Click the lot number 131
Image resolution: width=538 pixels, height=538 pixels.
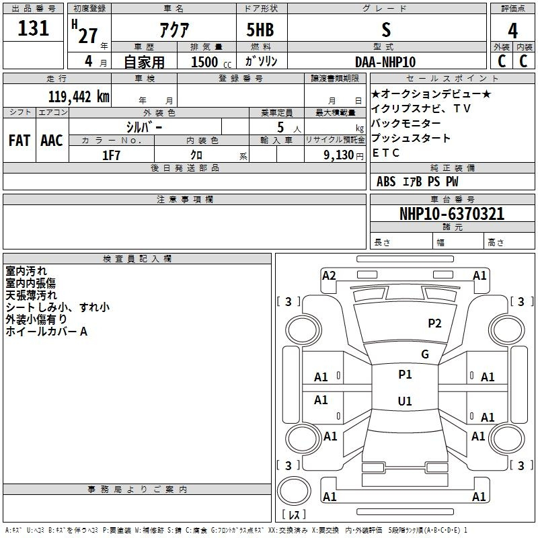[33, 28]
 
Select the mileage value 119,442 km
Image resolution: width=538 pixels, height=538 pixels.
[79, 97]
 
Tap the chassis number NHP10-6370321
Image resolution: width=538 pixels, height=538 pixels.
[452, 214]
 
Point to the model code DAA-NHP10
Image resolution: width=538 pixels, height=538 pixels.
[385, 62]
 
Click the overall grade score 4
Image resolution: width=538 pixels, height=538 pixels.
[512, 31]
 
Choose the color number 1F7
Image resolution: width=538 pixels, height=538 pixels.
[111, 155]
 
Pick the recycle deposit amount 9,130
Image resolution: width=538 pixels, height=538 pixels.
[338, 155]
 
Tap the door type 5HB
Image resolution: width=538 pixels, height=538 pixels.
[260, 30]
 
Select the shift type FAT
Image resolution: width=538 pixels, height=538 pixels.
[20, 141]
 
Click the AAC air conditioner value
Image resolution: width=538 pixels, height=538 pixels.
[52, 141]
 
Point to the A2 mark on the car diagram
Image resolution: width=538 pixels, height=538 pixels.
[329, 276]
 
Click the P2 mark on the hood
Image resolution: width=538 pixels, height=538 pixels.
[434, 323]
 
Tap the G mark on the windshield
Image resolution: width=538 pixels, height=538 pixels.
[425, 354]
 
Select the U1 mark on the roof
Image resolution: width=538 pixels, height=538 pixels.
[405, 401]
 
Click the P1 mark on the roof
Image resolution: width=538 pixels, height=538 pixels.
[405, 375]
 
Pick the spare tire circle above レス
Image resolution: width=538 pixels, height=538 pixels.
[294, 490]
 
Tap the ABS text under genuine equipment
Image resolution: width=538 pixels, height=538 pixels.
[386, 182]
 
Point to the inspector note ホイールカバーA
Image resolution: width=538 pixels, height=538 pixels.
[46, 332]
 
